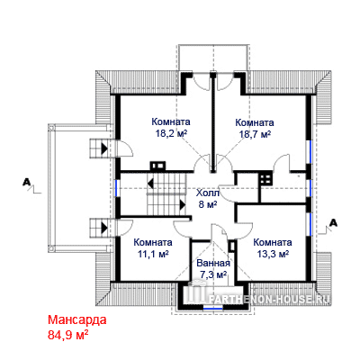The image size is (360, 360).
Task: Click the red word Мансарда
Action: [x=77, y=320]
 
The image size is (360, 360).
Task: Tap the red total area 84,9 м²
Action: [x=67, y=334]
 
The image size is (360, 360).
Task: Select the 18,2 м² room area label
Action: [x=171, y=133]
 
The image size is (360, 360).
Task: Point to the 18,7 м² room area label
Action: [x=255, y=134]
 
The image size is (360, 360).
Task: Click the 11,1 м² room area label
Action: [x=153, y=254]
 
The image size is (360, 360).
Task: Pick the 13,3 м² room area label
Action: [x=273, y=254]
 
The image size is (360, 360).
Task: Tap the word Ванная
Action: [x=213, y=264]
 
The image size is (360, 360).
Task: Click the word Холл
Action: [x=208, y=193]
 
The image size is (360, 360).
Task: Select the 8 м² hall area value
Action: [x=208, y=204]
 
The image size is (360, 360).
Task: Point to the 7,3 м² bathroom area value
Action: [x=212, y=274]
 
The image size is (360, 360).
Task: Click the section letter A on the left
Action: [x=27, y=182]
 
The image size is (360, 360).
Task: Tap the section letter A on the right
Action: [x=333, y=223]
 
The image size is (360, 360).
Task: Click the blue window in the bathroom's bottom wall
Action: [x=212, y=307]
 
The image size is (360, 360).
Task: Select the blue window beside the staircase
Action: [x=117, y=188]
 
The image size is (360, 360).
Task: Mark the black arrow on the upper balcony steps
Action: [x=104, y=148]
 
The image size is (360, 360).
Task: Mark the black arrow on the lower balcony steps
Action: [x=104, y=228]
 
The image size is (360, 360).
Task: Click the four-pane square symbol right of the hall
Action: [x=265, y=179]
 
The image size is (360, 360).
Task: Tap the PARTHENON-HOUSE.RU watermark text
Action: [x=269, y=299]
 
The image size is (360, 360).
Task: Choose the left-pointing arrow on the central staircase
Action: [x=150, y=183]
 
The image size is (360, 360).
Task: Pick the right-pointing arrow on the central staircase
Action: [x=183, y=204]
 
